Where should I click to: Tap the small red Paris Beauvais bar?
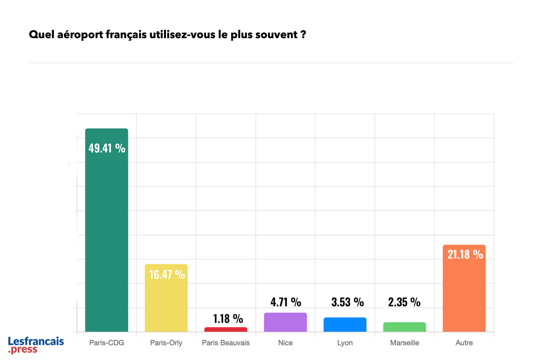(x=226, y=329)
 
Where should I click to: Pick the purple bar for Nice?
(x=285, y=322)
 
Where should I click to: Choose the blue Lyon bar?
(x=345, y=324)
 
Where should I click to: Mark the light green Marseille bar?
(x=404, y=327)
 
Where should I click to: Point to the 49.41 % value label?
(x=107, y=148)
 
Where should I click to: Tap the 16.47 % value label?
(x=167, y=274)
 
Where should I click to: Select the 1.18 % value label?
(x=228, y=319)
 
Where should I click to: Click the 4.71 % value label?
(x=286, y=302)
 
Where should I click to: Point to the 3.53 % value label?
(x=347, y=302)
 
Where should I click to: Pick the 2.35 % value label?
(x=404, y=302)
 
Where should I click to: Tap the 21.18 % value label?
(x=465, y=254)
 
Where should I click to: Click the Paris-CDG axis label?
(x=106, y=343)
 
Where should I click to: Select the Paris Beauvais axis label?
(x=226, y=343)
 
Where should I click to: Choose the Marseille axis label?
(x=404, y=343)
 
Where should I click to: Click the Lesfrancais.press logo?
(x=36, y=345)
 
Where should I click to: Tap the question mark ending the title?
(x=303, y=35)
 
